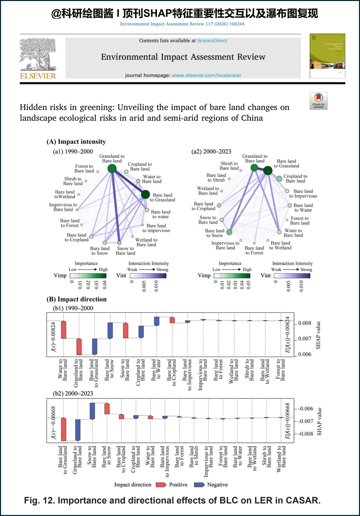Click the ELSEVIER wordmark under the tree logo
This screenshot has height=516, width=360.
pyautogui.click(x=38, y=76)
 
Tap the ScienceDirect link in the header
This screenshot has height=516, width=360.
pyautogui.click(x=212, y=41)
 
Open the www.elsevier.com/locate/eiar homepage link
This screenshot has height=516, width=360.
pyautogui.click(x=206, y=75)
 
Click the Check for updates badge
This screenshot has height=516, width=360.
pyautogui.click(x=318, y=101)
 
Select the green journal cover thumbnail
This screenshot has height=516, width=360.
pyautogui.click(x=327, y=56)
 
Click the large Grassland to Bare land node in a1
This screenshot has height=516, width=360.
pyautogui.click(x=112, y=168)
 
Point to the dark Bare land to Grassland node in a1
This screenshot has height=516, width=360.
pyautogui.click(x=145, y=194)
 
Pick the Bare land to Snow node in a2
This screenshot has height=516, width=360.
pyautogui.click(x=229, y=232)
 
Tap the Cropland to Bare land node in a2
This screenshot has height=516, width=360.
pyautogui.click(x=279, y=179)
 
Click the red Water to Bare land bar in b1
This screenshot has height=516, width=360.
pyautogui.click(x=63, y=330)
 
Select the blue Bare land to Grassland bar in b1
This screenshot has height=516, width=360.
pyautogui.click(x=95, y=347)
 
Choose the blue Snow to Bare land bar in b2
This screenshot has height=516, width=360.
pyautogui.click(x=92, y=411)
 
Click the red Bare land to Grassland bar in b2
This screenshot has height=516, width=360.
pyautogui.click(x=63, y=429)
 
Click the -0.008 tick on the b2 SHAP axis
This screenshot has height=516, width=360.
pyautogui.click(x=305, y=434)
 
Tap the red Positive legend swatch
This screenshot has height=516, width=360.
pyautogui.click(x=161, y=485)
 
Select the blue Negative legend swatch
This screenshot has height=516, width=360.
pyautogui.click(x=199, y=485)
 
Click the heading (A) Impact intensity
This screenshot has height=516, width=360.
pyautogui.click(x=76, y=142)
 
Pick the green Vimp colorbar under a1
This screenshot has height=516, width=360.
pyautogui.click(x=88, y=276)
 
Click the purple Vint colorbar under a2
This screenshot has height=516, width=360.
pyautogui.click(x=292, y=276)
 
